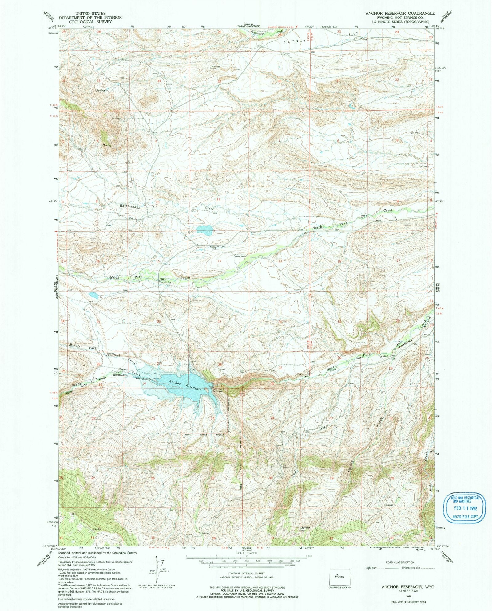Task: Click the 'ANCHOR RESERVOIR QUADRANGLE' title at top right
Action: (400, 13)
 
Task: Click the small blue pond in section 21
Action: (93, 296)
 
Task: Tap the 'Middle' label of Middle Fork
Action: (75, 346)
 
